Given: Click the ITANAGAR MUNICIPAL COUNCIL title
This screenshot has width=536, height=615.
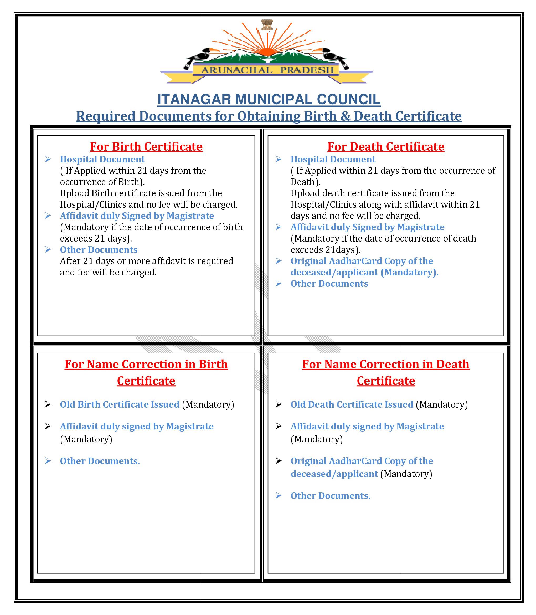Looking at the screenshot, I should [x=269, y=99].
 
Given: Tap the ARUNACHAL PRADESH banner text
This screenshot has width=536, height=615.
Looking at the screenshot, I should [x=267, y=70].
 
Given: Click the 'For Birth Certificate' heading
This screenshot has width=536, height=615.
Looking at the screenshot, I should [x=146, y=147].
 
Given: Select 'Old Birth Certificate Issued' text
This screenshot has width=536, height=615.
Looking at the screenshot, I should [x=120, y=404].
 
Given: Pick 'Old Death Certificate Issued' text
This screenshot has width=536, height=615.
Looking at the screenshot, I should [x=352, y=404].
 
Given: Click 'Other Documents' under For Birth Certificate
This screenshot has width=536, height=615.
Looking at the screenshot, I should [x=99, y=249].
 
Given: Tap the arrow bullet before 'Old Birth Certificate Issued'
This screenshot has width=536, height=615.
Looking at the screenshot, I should [x=48, y=404].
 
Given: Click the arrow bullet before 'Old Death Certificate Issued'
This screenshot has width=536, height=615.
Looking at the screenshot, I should [x=279, y=404].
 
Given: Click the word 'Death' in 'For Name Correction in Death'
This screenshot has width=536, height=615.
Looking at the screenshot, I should [x=452, y=364].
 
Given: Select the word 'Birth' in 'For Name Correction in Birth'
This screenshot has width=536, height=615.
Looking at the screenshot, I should [x=213, y=364].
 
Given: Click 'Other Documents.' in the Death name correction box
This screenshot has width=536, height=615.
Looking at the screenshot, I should [x=331, y=496].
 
